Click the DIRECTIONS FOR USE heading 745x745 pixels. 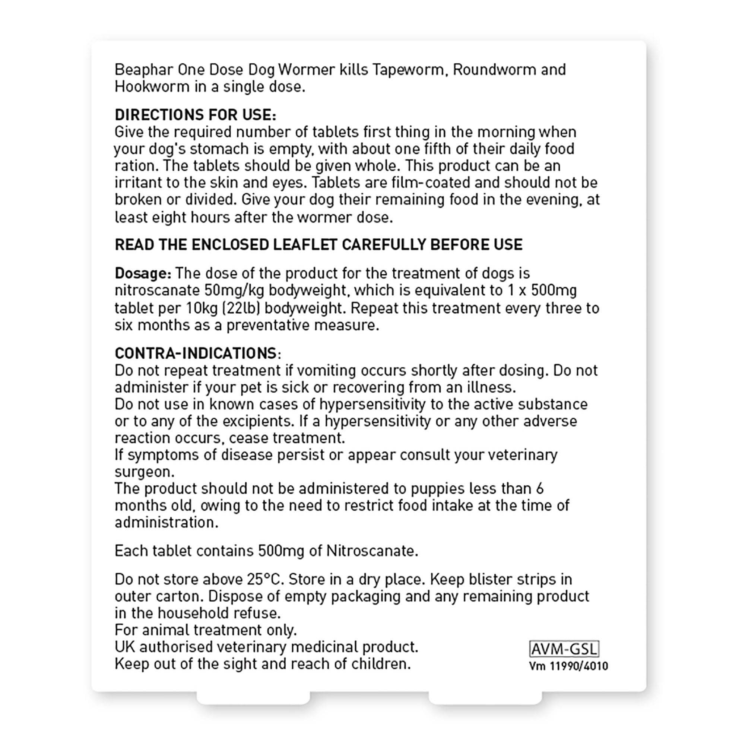click(x=196, y=115)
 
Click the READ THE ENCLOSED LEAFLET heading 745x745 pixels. click(x=318, y=244)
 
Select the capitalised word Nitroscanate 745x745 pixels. click(x=372, y=551)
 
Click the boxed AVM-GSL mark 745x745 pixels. click(x=564, y=649)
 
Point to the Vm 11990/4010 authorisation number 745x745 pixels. click(x=568, y=666)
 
